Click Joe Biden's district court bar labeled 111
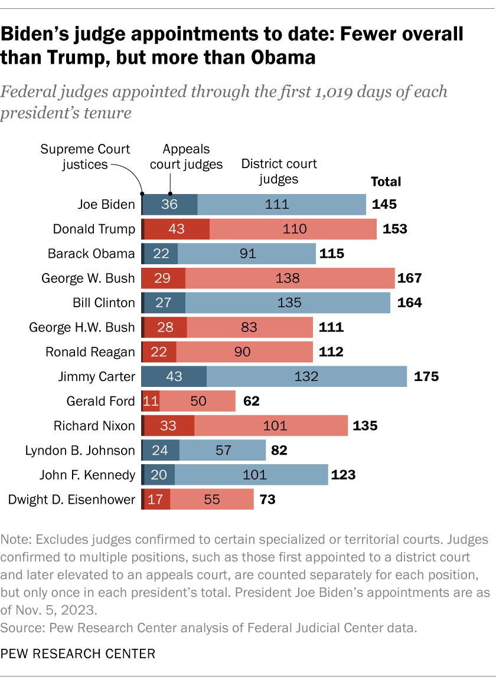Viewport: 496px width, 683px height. click(282, 205)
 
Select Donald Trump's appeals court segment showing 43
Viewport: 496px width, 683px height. click(177, 229)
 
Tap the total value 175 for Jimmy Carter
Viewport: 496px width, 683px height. click(426, 376)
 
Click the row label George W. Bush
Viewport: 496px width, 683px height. click(89, 278)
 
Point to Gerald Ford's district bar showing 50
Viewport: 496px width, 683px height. click(197, 402)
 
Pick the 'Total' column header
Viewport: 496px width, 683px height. click(385, 182)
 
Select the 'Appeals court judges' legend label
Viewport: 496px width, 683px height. click(186, 157)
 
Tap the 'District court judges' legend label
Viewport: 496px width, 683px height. click(279, 171)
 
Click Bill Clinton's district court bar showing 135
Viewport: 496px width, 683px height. click(288, 303)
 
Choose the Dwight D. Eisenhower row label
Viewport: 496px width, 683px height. click(71, 500)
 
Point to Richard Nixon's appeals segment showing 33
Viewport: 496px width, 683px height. click(170, 426)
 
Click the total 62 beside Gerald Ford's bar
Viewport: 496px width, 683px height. click(252, 402)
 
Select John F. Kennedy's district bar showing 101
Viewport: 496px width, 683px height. click(251, 475)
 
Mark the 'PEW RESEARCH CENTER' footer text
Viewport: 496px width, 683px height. click(78, 654)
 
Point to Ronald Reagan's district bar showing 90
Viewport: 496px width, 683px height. click(244, 352)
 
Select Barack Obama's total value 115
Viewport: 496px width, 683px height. click(332, 254)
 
